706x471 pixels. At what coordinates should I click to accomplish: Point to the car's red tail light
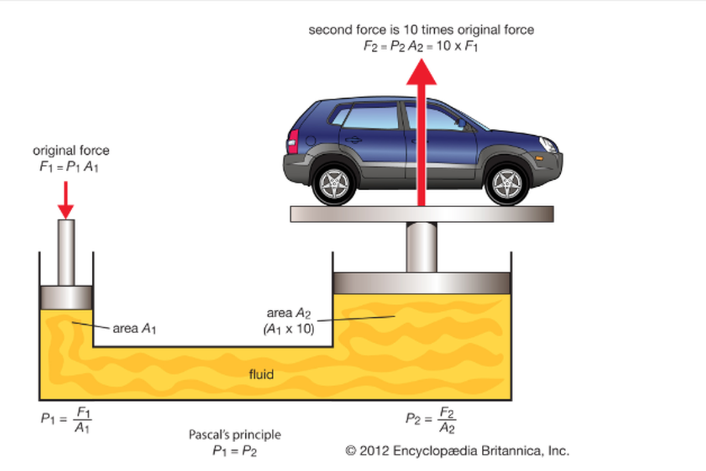point(292,142)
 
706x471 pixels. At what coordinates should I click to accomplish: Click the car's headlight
point(548,144)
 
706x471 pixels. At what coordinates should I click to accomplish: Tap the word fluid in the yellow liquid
point(261,374)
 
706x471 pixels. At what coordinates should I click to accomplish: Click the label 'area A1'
point(134,329)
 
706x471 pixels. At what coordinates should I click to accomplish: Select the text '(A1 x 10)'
point(288,330)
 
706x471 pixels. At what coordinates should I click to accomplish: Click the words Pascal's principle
point(235,436)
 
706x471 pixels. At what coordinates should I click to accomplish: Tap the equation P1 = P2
point(235,451)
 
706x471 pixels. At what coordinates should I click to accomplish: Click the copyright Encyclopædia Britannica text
point(457,451)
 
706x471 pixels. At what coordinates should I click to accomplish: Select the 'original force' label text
point(71,151)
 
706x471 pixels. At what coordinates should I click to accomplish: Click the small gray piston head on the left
point(66,298)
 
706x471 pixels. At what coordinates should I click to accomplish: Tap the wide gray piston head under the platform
point(421,283)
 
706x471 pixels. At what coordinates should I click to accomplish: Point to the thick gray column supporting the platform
point(421,247)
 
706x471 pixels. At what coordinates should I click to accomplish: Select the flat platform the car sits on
point(422,214)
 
